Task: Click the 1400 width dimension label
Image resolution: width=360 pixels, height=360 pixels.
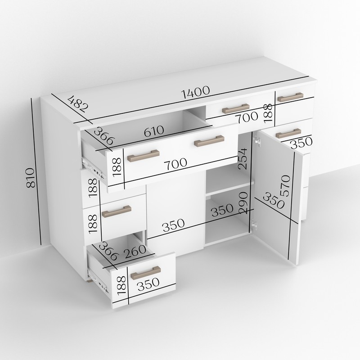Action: tap(195, 92)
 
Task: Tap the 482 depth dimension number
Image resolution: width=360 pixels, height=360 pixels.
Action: tap(78, 104)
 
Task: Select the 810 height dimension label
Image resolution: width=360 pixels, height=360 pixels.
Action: tap(30, 178)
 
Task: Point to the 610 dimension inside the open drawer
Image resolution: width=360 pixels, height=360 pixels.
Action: tap(154, 131)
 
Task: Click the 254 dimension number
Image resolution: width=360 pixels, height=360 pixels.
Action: tap(243, 159)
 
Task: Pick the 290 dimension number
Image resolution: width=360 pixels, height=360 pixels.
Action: tap(243, 203)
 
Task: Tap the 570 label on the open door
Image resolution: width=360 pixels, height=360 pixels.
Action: tap(285, 185)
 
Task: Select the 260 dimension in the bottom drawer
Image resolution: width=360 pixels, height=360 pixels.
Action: tap(135, 252)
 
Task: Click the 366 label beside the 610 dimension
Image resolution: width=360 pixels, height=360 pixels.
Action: tap(104, 136)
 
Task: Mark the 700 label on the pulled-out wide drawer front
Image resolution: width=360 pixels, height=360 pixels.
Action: tap(175, 163)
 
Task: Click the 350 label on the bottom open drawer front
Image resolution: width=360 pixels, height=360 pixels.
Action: tap(148, 284)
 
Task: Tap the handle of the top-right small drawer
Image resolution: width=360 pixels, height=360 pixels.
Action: tap(290, 97)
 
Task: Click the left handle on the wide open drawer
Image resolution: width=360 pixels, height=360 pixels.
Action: tap(144, 156)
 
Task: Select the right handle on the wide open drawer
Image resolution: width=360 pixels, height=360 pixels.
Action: tap(209, 141)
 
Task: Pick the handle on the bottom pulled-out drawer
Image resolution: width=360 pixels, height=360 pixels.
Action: tap(145, 273)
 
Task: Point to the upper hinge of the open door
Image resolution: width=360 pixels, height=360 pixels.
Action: tap(257, 141)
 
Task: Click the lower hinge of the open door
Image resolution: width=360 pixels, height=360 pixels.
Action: tap(254, 224)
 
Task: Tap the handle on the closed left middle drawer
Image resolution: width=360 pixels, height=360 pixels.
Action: tap(117, 211)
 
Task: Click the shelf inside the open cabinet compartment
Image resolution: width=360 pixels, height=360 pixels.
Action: tap(229, 189)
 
